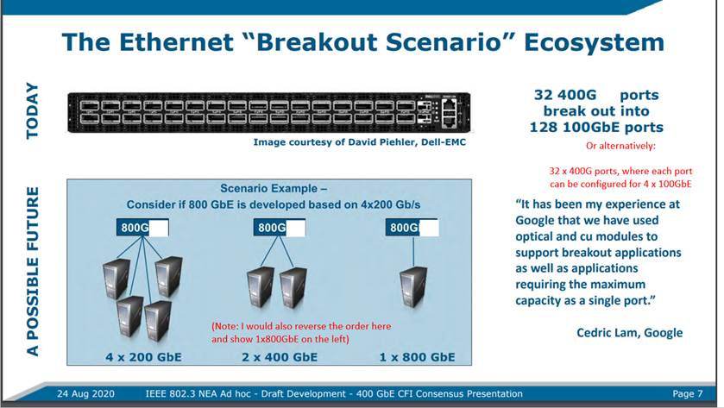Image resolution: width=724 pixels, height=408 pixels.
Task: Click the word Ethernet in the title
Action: (176, 42)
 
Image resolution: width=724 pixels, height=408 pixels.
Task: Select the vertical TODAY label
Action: (32, 110)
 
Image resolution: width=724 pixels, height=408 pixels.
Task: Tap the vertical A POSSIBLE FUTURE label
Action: (32, 272)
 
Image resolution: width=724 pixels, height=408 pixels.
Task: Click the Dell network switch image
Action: (269, 113)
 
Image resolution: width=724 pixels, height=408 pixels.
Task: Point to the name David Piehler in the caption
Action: (382, 142)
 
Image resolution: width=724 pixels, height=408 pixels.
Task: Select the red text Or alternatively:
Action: (620, 146)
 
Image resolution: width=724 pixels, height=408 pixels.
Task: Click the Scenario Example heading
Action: (274, 188)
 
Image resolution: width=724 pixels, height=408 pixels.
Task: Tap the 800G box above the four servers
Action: (142, 228)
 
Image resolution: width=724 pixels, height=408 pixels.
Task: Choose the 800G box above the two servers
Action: (280, 228)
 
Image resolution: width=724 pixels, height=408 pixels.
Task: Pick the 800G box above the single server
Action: (412, 228)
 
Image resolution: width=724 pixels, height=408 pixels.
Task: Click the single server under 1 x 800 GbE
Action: (413, 287)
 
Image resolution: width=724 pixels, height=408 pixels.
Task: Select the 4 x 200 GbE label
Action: (143, 357)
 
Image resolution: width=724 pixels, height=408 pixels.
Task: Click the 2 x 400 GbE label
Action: (280, 357)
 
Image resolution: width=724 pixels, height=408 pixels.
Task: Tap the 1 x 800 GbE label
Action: (418, 357)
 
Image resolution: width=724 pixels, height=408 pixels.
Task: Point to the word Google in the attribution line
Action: (663, 333)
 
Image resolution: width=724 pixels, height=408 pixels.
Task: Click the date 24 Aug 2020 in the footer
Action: (86, 393)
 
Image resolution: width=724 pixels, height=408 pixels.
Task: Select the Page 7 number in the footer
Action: (688, 393)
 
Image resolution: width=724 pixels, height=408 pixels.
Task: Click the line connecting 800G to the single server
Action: (413, 252)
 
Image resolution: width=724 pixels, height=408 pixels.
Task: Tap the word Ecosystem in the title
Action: (594, 42)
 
